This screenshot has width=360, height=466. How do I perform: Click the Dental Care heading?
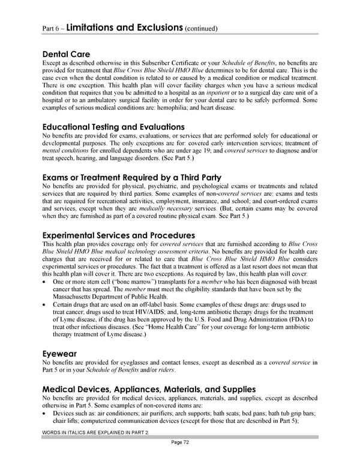[67, 53]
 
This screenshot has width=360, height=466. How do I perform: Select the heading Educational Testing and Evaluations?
[113, 127]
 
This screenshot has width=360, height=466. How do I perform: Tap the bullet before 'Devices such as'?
[46, 414]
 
